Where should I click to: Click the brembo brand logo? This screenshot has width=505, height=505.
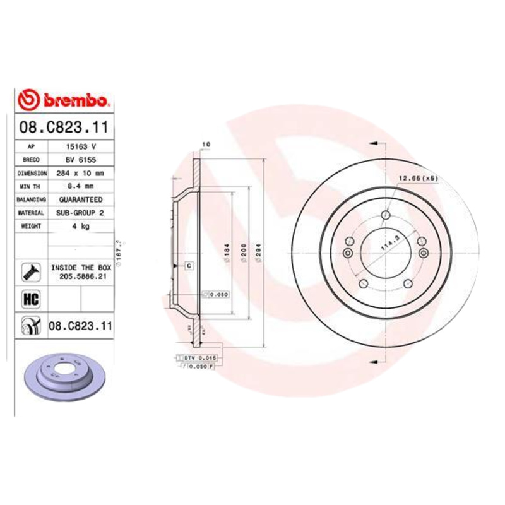coord(66,100)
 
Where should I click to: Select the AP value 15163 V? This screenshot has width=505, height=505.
coord(81,146)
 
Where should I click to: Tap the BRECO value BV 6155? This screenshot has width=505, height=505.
coord(81,160)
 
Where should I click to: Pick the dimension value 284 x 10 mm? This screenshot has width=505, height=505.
coord(81,173)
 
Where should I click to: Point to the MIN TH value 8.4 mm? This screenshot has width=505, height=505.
coord(81,186)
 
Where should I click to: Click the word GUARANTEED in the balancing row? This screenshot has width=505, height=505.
coord(81,199)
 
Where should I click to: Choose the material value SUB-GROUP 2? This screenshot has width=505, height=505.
coord(81,213)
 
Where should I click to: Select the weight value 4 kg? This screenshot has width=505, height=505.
coord(81,226)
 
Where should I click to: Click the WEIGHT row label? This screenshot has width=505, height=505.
coord(31,226)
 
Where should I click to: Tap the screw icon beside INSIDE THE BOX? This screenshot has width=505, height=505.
coord(30,272)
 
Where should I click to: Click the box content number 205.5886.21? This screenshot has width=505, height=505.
coord(81,276)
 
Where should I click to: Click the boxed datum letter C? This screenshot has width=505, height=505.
coord(189,266)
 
